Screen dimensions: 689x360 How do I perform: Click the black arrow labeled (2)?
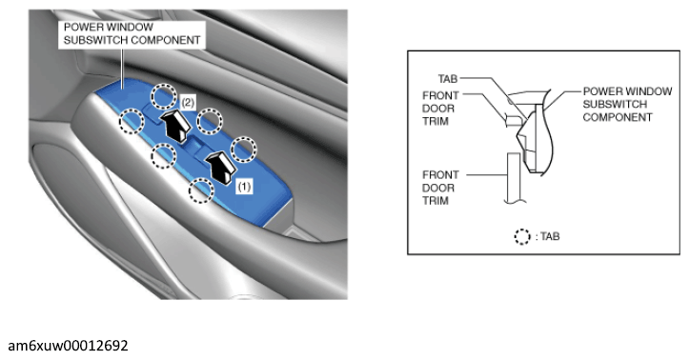(175, 126)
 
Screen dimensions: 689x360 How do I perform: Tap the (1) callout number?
(244, 187)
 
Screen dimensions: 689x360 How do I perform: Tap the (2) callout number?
(188, 103)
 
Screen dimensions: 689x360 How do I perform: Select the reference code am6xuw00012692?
(68, 346)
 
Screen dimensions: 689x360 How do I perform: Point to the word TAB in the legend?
(550, 236)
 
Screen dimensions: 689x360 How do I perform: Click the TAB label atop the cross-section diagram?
(448, 79)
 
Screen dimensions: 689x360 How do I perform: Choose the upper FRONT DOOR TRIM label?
(440, 109)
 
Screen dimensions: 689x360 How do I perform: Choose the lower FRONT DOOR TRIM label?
(440, 188)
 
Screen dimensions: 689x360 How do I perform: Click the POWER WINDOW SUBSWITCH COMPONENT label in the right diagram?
(627, 105)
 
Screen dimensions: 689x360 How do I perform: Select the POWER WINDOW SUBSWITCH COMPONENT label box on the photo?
(132, 34)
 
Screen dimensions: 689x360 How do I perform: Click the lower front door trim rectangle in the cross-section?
(514, 177)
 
